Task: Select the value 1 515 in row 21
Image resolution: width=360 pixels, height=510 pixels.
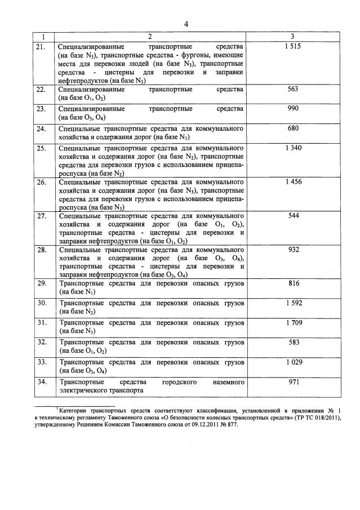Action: tap(293, 46)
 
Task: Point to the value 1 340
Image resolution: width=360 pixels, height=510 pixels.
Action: tap(293, 148)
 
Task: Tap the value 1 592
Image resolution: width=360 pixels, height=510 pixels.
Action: tap(293, 303)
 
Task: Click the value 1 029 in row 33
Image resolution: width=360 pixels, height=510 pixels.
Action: tap(293, 361)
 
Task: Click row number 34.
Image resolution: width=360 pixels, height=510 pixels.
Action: tap(41, 382)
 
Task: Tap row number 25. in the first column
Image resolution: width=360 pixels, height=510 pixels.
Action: tap(41, 148)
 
